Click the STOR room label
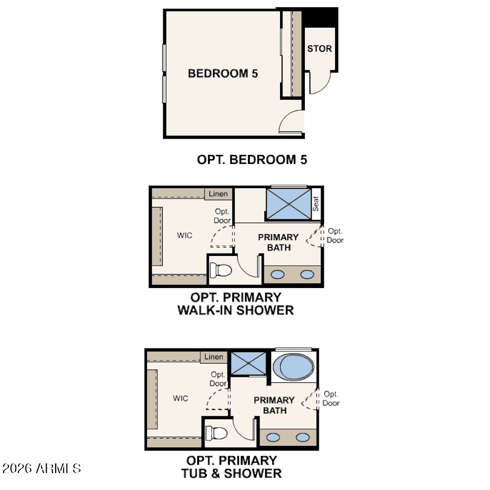coord(319,49)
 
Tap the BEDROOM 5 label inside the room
coord(223,73)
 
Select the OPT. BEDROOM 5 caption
coord(252,160)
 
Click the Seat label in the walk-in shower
coord(316,204)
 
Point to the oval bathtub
coord(293,367)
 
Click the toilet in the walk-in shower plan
coord(220,270)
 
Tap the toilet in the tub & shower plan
coord(216,433)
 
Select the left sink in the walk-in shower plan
coord(278,275)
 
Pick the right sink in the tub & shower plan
coord(302,437)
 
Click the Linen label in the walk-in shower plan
coord(218,194)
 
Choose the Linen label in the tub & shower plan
coord(214,356)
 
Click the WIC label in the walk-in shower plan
coord(185,235)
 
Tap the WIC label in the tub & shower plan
coord(180,398)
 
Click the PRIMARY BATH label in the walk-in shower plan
coord(278,242)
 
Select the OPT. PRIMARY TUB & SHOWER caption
coord(232,467)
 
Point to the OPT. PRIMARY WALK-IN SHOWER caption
coord(236,304)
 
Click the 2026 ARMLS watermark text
coord(42,468)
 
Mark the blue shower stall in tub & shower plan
coord(249,363)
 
